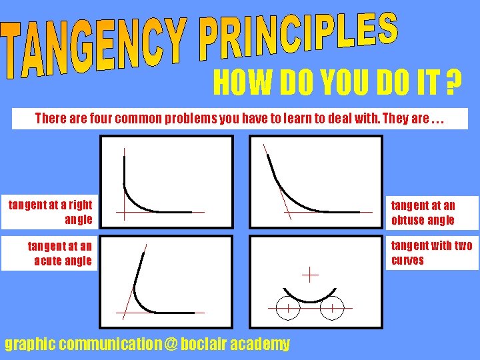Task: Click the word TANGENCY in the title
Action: [93, 50]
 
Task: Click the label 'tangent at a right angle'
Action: [51, 211]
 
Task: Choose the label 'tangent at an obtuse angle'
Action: [423, 213]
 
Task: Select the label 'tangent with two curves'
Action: [431, 253]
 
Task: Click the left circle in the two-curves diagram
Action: [287, 309]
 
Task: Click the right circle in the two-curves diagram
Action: [331, 309]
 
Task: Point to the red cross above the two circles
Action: [309, 273]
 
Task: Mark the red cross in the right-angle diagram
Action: [124, 212]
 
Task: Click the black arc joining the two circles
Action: [309, 301]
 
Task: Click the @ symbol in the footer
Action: [171, 345]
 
